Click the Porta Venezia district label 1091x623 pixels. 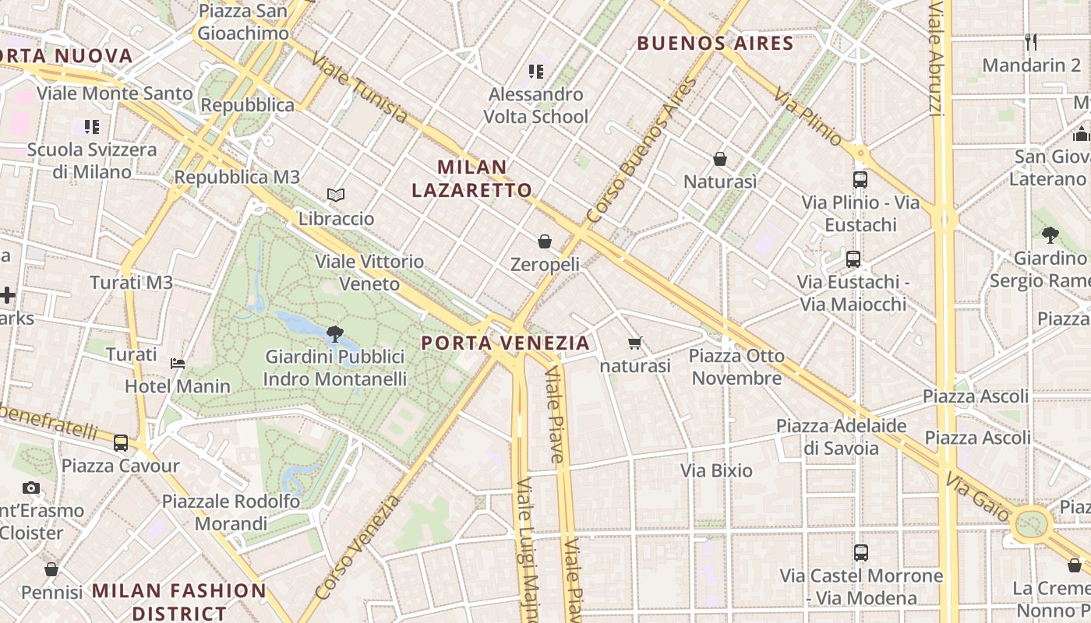pyautogui.click(x=506, y=343)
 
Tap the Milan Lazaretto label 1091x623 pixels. pyautogui.click(x=471, y=178)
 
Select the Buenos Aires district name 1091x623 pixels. pyautogui.click(x=715, y=43)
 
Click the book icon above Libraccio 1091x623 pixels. pyautogui.click(x=336, y=195)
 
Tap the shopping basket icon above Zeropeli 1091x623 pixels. pyautogui.click(x=545, y=241)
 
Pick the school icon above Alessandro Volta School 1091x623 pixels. pyautogui.click(x=535, y=72)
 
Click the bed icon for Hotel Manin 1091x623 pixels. pyautogui.click(x=178, y=363)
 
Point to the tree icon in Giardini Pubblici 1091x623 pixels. pyautogui.click(x=335, y=334)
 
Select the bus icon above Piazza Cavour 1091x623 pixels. pyautogui.click(x=120, y=443)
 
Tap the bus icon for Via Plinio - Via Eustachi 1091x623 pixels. pyautogui.click(x=860, y=180)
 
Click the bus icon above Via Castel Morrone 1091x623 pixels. pyautogui.click(x=861, y=553)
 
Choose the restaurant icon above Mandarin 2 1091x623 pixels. pyautogui.click(x=1031, y=41)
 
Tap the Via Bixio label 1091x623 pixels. pyautogui.click(x=716, y=470)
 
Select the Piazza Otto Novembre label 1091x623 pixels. pyautogui.click(x=736, y=367)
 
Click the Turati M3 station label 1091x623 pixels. pyautogui.click(x=131, y=283)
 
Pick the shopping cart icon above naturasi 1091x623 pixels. pyautogui.click(x=635, y=343)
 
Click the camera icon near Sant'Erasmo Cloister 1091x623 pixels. pyautogui.click(x=31, y=488)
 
